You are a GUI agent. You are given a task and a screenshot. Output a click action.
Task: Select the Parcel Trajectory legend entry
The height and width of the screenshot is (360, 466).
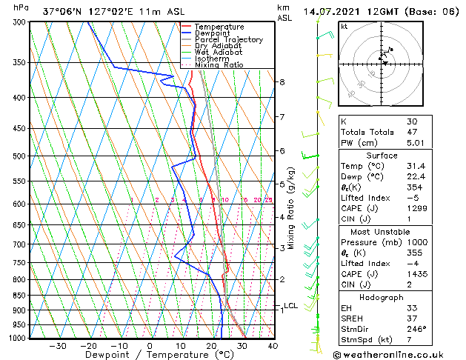pyautogui.click(x=228, y=40)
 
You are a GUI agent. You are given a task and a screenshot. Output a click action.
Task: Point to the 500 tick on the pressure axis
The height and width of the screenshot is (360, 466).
pyautogui.click(x=21, y=156)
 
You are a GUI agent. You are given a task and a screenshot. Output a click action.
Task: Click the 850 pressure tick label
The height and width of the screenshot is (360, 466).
pyautogui.click(x=21, y=296)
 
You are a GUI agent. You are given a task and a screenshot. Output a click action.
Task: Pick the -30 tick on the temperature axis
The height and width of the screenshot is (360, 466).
pyautogui.click(x=58, y=346)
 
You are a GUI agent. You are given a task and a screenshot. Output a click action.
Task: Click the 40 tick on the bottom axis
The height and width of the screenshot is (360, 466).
pyautogui.click(x=273, y=346)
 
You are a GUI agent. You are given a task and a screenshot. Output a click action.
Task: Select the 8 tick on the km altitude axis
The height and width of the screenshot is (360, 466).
pyautogui.click(x=282, y=81)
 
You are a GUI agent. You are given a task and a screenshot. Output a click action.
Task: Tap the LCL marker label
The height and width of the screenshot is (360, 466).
pyautogui.click(x=291, y=306)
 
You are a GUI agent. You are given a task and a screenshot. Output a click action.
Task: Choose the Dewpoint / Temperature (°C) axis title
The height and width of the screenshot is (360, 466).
pyautogui.click(x=150, y=356)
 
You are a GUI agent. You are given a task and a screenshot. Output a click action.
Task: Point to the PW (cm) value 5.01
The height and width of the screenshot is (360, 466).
pyautogui.click(x=415, y=144)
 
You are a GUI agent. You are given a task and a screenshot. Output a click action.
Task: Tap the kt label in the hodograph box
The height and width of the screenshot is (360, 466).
pyautogui.click(x=344, y=26)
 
